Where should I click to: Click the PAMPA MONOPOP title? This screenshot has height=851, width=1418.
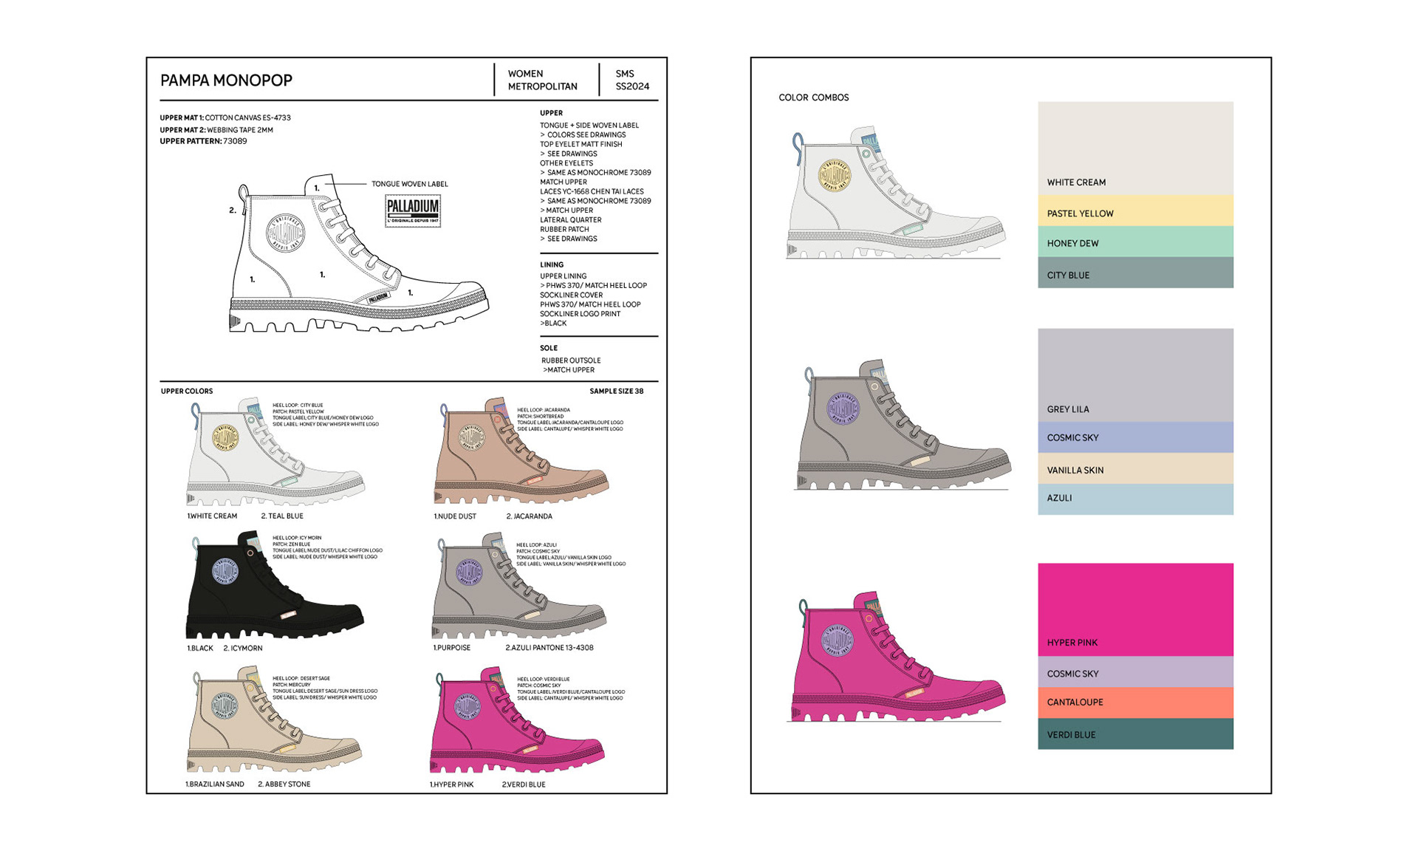coord(226,80)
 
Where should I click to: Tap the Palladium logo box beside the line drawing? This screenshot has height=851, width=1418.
coord(413,210)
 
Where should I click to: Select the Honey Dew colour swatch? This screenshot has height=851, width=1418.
coord(1135,242)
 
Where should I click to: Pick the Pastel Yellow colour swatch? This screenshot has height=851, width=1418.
coord(1135,211)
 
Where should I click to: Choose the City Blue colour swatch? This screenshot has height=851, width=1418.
coord(1135,273)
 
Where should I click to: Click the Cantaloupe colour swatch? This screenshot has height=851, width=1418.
coord(1135,702)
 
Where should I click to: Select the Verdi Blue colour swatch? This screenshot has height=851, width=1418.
coord(1135,734)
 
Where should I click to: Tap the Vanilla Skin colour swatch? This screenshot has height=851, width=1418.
coord(1135,468)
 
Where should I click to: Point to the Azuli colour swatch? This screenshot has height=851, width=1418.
coord(1135,499)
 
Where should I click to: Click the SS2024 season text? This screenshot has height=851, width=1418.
coord(632,86)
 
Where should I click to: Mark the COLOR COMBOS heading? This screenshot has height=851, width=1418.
coord(813,98)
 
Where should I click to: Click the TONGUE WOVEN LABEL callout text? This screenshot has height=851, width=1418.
coord(409,184)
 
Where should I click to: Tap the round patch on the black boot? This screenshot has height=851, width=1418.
coord(226,573)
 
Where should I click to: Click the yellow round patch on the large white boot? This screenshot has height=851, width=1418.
coord(835,175)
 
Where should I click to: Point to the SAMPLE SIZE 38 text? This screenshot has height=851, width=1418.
coord(616,392)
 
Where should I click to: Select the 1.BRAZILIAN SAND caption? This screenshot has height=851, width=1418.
coord(214,785)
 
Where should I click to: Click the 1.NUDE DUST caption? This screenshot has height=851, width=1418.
coord(454,516)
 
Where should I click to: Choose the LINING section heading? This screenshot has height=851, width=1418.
coord(552,264)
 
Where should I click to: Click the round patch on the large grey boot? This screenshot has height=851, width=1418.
coord(843,409)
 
